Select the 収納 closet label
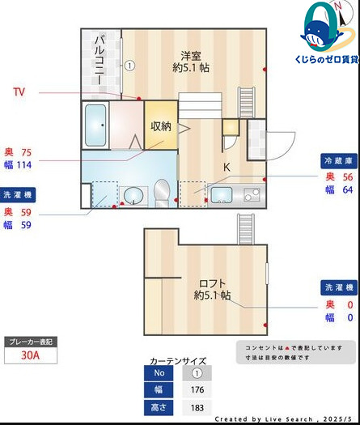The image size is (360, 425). coord(161,125)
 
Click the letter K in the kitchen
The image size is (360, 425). coord(227,168)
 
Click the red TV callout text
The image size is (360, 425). coord(19,92)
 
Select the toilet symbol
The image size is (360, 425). coord(161,192)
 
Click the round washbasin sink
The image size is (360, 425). coord(131,195)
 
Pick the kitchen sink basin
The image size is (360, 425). coord(221,195)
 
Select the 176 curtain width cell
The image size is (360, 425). coord(197,389)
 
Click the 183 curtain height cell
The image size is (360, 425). coord(197,406)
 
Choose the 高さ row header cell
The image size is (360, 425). coord(159,406)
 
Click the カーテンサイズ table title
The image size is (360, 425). coord(178,361)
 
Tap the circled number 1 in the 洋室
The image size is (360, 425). coord(129,65)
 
